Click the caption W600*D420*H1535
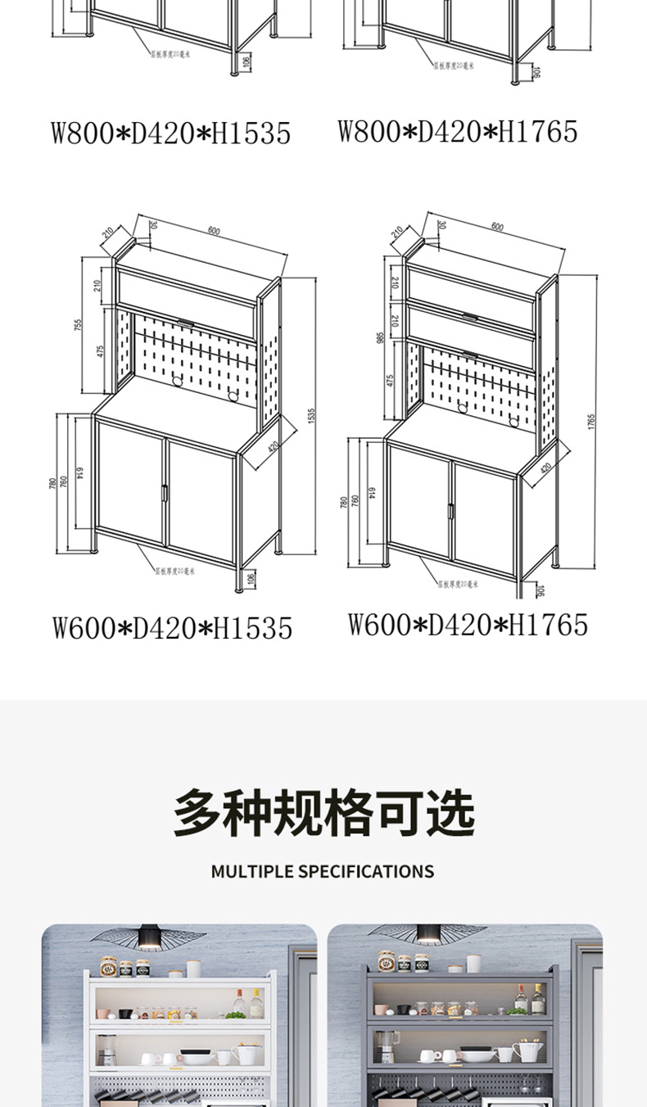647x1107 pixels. pos(172,628)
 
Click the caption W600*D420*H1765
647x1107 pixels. pos(468,625)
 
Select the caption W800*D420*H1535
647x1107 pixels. pos(170,133)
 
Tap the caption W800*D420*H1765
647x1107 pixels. pos(457,131)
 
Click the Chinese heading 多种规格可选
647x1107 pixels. pos(323,812)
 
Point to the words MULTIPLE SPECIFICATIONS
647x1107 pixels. pos(323,871)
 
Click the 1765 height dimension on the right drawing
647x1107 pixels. pos(591,422)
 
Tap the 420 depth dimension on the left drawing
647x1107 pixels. pos(271,447)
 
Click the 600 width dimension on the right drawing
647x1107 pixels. pos(498,227)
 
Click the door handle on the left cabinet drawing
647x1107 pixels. pos(164,493)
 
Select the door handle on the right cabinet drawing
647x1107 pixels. pos(450,510)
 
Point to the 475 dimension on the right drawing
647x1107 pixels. pos(391,380)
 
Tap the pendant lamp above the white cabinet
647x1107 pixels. pos(149,936)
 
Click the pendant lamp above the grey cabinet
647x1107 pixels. pos(428,934)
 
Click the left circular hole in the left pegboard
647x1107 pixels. pos(176,381)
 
